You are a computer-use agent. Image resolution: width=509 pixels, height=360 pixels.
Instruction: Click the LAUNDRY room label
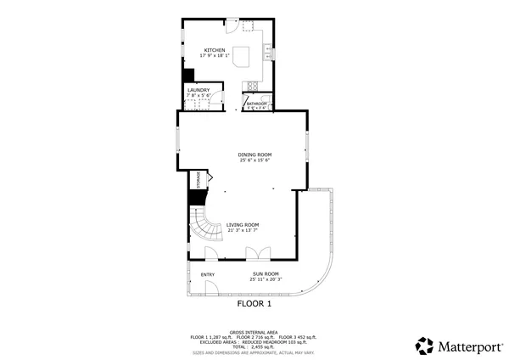click(199, 89)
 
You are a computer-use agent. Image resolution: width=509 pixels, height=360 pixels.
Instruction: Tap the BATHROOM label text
click(256, 104)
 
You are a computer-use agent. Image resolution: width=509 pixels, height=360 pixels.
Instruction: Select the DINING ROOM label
click(254, 155)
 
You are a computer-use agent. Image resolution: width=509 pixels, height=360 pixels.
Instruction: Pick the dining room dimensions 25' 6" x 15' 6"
click(254, 160)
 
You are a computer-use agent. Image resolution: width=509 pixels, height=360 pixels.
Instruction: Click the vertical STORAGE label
click(199, 179)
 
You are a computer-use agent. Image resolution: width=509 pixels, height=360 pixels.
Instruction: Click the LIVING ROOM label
click(242, 224)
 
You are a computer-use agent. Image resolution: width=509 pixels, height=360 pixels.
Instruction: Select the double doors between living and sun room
click(255, 253)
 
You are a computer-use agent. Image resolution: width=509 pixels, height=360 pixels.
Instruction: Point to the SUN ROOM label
click(265, 273)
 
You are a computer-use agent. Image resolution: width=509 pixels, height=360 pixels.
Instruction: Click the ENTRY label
click(207, 274)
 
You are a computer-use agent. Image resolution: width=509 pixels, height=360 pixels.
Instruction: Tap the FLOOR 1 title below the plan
click(254, 303)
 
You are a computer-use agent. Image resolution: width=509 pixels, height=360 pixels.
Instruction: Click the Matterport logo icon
click(424, 346)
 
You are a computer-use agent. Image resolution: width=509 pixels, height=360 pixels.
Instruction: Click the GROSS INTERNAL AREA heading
click(254, 332)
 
